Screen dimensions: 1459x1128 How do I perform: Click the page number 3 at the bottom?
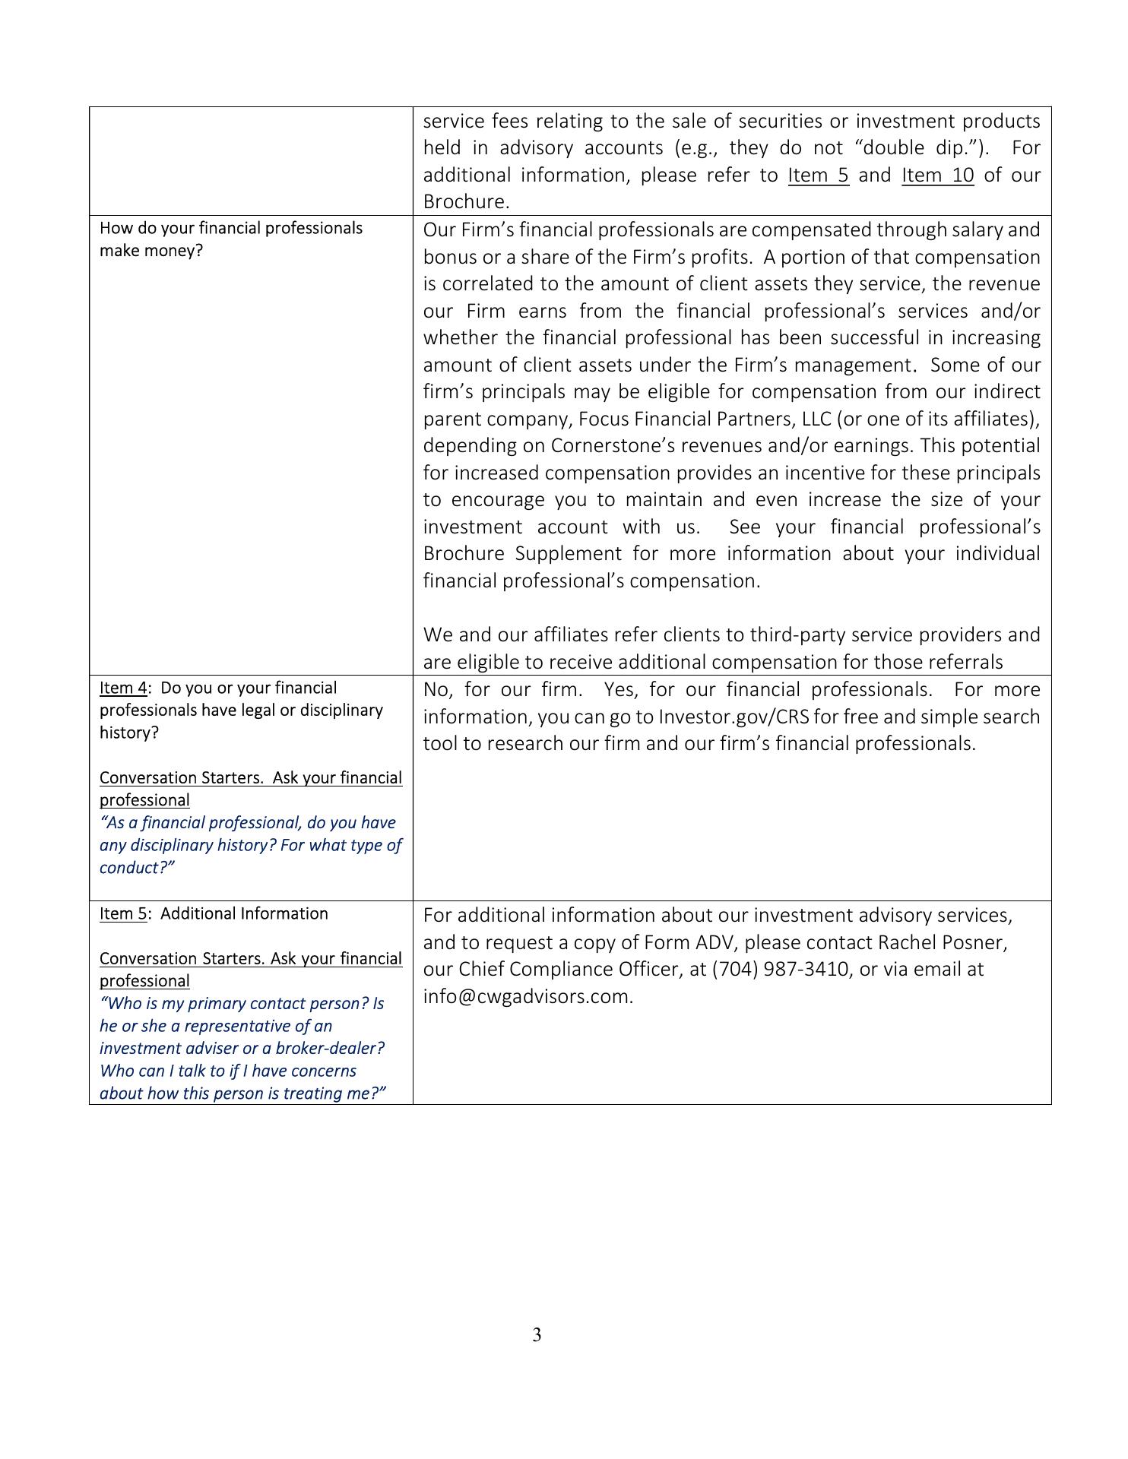point(537,1335)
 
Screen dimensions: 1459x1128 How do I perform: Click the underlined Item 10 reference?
point(937,176)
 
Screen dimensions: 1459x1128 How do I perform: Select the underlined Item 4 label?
point(123,688)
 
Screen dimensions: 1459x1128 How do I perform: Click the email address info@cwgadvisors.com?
point(528,997)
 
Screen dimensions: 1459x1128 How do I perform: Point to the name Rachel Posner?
point(942,943)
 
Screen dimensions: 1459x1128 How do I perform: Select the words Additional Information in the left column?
point(244,914)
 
